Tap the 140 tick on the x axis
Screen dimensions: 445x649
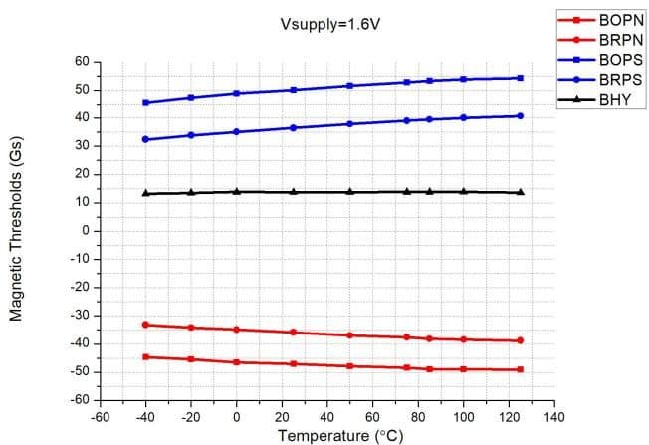click(555, 417)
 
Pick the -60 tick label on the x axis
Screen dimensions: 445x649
click(100, 417)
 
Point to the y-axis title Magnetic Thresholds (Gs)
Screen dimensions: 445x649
click(16, 230)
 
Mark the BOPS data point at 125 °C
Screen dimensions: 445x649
click(521, 78)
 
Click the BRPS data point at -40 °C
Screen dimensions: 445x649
click(145, 139)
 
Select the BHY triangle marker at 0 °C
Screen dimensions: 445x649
click(236, 191)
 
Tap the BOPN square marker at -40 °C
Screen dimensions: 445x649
click(145, 356)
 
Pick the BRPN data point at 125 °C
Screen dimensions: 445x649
click(521, 340)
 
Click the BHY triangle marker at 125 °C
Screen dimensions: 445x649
click(521, 192)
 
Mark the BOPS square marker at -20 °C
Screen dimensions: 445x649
click(191, 98)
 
